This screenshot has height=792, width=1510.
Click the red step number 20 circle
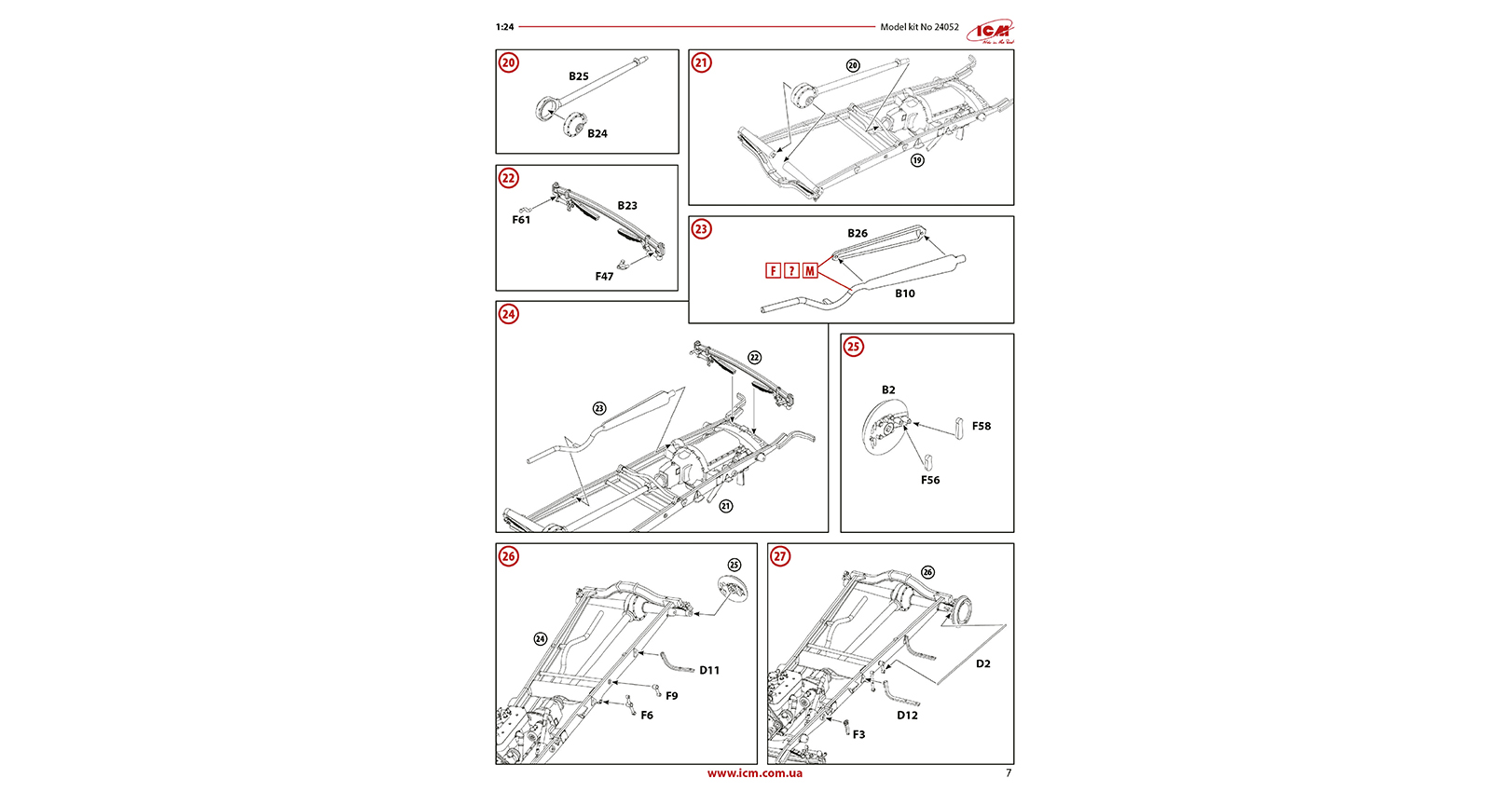[508, 62]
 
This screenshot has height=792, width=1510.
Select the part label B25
[579, 76]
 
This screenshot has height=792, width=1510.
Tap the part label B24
[597, 134]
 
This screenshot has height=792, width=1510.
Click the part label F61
[521, 220]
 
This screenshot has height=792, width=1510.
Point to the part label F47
[604, 277]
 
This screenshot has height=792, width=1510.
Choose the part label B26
[858, 234]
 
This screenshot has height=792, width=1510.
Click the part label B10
[905, 294]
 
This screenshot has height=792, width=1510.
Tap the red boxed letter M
[810, 271]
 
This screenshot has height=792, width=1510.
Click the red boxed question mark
[791, 271]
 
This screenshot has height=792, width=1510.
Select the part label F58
[981, 427]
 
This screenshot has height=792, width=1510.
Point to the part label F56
[930, 481]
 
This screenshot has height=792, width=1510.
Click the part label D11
[709, 671]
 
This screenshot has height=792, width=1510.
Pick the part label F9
[672, 696]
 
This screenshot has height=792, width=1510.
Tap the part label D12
[907, 716]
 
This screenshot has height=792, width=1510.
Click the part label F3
[858, 735]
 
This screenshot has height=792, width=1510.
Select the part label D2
[983, 664]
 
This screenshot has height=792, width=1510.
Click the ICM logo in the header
[990, 32]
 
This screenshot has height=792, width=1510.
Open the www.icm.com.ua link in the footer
[754, 773]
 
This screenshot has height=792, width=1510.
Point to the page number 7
[1009, 773]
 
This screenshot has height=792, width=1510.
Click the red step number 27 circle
[780, 556]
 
